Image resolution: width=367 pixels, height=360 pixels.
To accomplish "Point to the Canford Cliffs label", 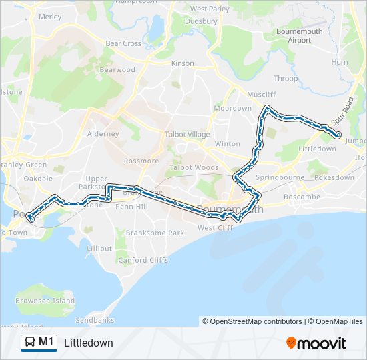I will coord(143,260).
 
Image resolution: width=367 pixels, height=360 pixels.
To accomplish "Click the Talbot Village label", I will coord(187,134).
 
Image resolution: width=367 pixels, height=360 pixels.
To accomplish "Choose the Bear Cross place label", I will coord(123,43).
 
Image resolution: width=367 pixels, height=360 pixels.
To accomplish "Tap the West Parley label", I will coord(210,9).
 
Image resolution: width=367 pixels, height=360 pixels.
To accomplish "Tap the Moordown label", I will coord(232,108).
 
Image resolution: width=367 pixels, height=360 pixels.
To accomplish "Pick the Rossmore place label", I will coord(141,161).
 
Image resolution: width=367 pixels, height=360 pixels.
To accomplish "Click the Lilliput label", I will coord(99,248).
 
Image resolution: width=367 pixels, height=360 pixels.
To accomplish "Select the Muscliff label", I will coord(261,95).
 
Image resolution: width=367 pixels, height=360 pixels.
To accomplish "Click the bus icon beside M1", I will coord(30,343).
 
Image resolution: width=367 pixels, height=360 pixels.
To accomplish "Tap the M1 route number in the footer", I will coord(46,343).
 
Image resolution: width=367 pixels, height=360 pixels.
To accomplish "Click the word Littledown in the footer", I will coord(89,343).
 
